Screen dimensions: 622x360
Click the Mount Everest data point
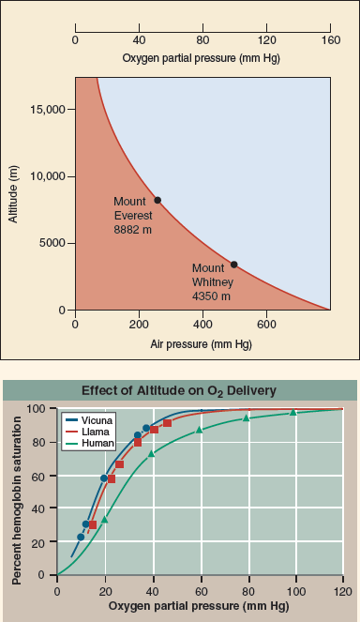click(x=157, y=200)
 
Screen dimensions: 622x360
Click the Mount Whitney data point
click(x=234, y=265)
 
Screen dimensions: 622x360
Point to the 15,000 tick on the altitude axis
click(x=45, y=110)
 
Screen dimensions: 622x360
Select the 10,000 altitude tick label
click(x=45, y=176)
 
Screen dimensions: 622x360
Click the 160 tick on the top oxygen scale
click(x=330, y=40)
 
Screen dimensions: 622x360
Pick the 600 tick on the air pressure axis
click(x=266, y=326)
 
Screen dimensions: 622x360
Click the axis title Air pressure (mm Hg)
click(x=202, y=343)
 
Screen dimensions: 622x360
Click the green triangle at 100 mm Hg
click(x=293, y=412)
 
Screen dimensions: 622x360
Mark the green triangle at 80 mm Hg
click(x=247, y=417)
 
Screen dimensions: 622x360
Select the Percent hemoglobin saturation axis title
click(x=17, y=492)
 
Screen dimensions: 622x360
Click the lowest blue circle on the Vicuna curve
click(x=81, y=537)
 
